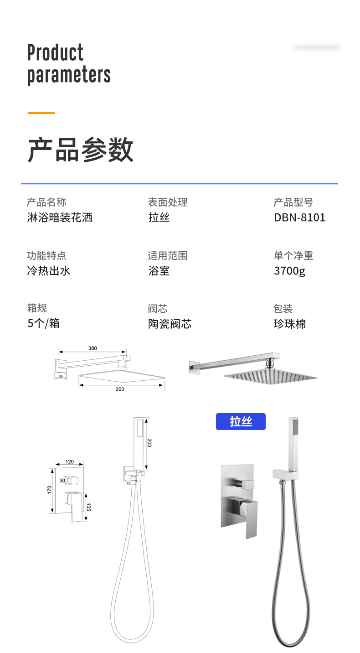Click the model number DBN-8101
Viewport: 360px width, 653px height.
(299, 218)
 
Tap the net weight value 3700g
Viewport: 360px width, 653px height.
(289, 271)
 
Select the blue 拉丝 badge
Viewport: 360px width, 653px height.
(241, 422)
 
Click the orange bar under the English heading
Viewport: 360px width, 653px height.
(41, 113)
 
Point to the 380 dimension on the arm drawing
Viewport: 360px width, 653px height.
(93, 348)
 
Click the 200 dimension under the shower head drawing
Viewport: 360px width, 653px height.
(120, 389)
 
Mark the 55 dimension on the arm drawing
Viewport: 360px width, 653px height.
(61, 376)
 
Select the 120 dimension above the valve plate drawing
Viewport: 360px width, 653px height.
(69, 462)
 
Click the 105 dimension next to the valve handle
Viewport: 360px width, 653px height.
(89, 506)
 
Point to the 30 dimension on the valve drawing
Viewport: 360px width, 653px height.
(62, 480)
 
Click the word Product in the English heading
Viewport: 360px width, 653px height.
(55, 53)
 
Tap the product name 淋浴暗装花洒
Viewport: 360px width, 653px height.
(60, 218)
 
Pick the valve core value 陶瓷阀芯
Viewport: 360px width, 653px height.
(170, 324)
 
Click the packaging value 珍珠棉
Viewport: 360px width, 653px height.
(289, 324)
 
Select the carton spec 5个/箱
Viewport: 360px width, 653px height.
(43, 323)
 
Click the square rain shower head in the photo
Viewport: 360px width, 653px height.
(269, 375)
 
